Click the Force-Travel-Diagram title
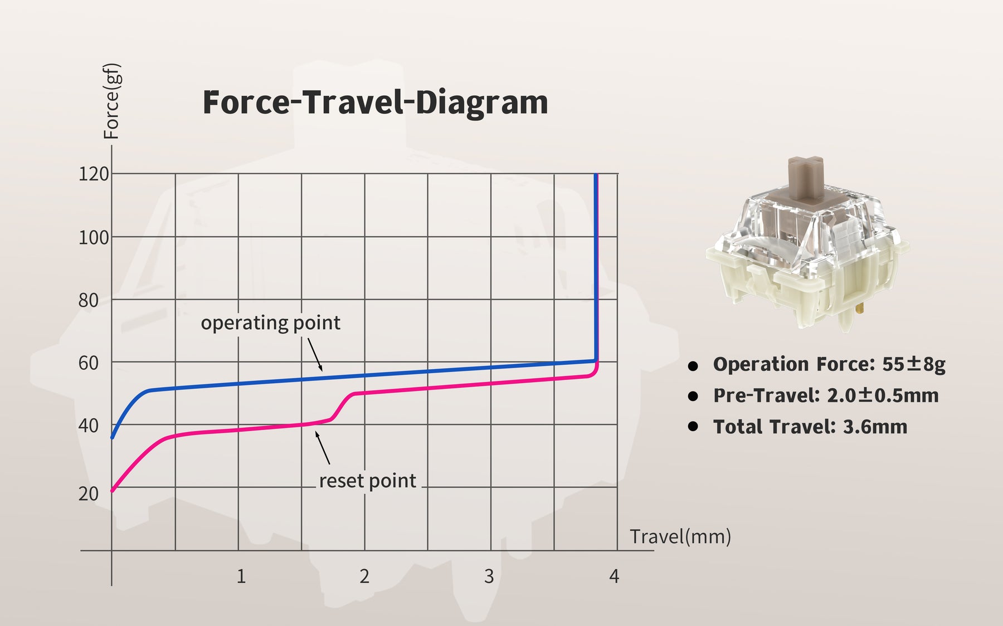click(375, 102)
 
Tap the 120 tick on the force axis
click(94, 174)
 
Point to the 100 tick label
click(94, 238)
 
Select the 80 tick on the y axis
click(89, 301)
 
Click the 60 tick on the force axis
click(89, 363)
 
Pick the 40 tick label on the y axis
click(89, 426)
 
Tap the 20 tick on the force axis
click(89, 494)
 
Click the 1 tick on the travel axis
click(241, 576)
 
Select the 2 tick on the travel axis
click(364, 576)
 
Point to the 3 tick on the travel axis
click(489, 576)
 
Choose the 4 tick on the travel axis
click(614, 576)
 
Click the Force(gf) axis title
click(112, 101)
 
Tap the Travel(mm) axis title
click(680, 537)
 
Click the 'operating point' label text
click(271, 323)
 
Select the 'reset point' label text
click(368, 481)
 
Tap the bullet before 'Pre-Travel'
click(693, 396)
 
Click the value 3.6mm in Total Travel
click(875, 427)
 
